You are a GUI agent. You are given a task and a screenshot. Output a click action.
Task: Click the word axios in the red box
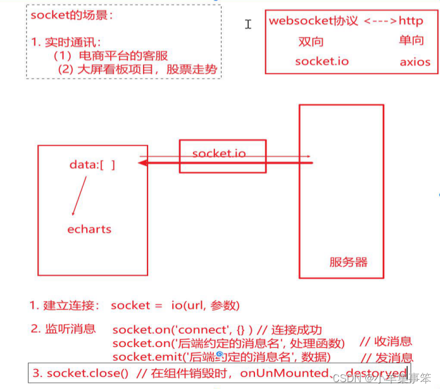tap(415, 61)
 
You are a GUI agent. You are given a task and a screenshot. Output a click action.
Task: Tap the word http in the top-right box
tap(411, 21)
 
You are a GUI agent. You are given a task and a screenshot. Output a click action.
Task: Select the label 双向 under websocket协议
tap(311, 41)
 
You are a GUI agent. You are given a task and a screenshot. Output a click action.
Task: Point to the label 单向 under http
tap(411, 40)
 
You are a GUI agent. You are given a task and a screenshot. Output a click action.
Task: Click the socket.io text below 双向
tap(321, 61)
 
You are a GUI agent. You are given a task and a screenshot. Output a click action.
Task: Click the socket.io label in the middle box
tap(219, 153)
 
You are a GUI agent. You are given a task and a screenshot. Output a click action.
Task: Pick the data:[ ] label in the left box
tap(92, 165)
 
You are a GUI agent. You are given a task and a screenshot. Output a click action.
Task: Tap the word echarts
tap(89, 229)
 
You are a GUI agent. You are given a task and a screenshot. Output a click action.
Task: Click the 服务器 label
tap(348, 263)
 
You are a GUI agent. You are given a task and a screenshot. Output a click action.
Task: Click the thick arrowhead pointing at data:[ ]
tap(143, 164)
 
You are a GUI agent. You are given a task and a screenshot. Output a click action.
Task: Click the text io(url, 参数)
tap(205, 305)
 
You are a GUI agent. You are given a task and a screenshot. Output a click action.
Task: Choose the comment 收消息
tap(393, 342)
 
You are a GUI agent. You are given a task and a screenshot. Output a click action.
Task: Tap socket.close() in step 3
tap(87, 373)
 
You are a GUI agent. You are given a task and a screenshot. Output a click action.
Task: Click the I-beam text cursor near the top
tap(248, 24)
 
